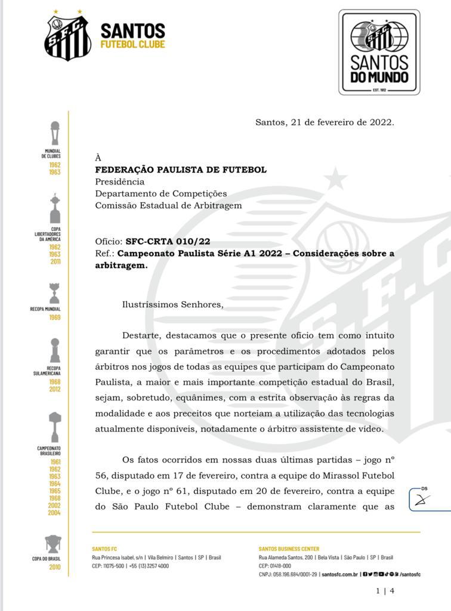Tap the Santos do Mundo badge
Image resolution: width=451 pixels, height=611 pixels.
379,53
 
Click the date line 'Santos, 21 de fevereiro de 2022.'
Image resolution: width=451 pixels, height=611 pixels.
325,122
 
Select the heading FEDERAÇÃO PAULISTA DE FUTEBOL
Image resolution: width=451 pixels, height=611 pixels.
181,170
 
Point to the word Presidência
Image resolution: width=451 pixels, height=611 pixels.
119,182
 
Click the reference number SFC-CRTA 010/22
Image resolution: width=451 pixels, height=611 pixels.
168,242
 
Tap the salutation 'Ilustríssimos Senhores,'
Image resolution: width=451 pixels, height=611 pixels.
172,304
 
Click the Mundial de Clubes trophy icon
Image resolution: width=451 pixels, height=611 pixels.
55,134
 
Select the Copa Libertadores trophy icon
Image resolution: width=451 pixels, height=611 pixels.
55,209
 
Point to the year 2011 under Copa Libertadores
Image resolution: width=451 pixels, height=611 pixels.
55,261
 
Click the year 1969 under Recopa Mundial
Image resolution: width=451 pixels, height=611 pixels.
55,317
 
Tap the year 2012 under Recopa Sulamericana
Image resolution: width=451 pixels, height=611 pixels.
55,389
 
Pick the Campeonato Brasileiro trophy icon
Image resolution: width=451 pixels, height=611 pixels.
55,427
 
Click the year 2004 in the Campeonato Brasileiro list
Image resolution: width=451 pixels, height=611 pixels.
55,513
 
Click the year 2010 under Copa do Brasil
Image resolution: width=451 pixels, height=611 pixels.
55,567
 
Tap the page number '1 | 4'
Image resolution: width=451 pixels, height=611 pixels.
385,591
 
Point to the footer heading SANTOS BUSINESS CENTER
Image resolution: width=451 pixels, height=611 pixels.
289,549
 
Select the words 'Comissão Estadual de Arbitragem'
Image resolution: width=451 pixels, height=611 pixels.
168,205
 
